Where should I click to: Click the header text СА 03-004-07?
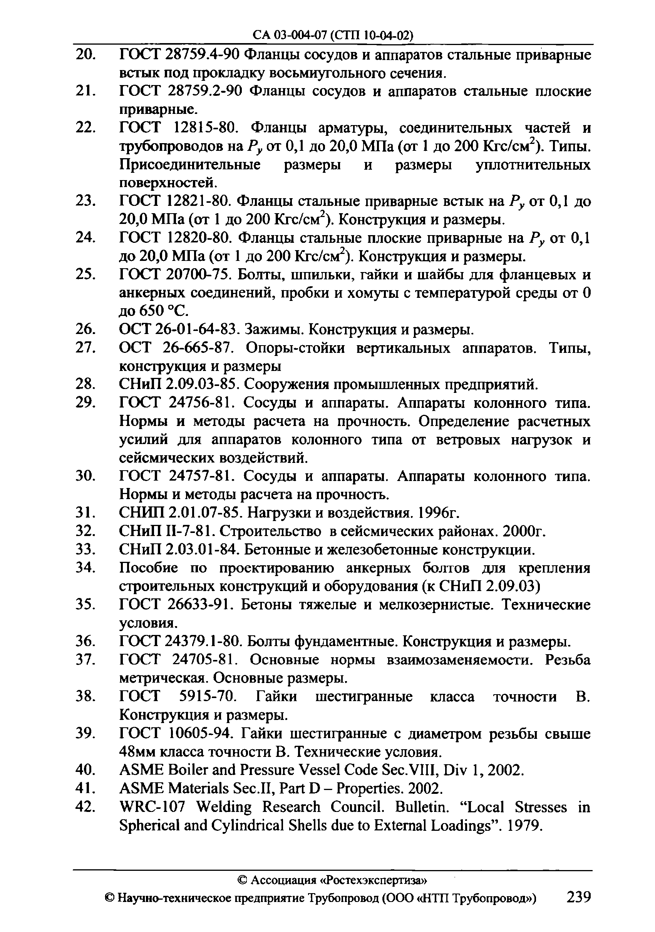(290, 36)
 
